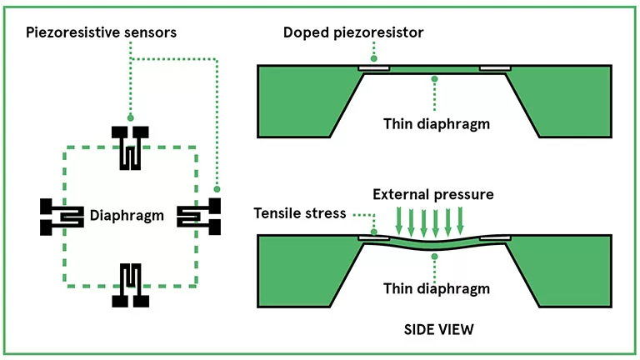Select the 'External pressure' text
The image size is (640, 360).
433,194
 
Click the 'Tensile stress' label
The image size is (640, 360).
299,212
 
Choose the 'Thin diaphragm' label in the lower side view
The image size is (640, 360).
434,287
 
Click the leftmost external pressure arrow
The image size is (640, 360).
397,221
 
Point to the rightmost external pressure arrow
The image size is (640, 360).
470,221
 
